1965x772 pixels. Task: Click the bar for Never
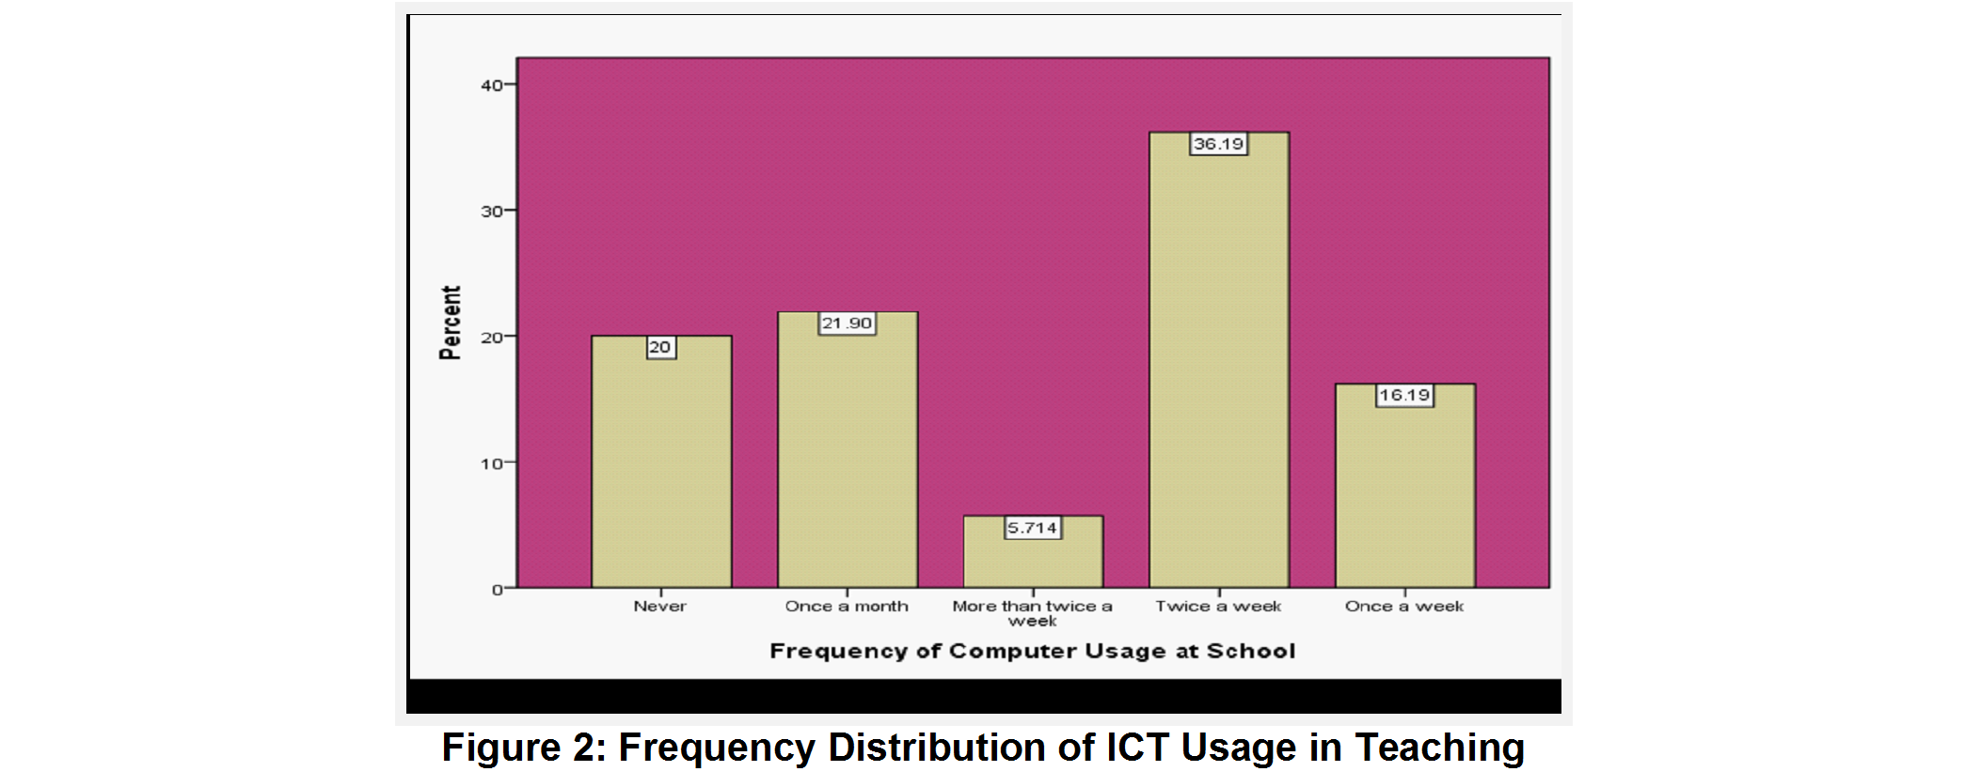[x=661, y=462]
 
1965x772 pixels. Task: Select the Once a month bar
[x=848, y=449]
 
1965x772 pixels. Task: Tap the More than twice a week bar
[x=1033, y=552]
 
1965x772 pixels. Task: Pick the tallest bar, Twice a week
[x=1219, y=360]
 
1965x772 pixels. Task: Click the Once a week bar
[x=1405, y=486]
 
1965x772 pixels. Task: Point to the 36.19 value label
[x=1219, y=144]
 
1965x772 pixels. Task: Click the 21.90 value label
[x=848, y=323]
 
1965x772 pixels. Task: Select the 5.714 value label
[x=1033, y=528]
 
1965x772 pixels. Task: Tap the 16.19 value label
[x=1405, y=395]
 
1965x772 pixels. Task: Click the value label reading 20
[x=660, y=348]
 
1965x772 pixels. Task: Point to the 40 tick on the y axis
[x=492, y=86]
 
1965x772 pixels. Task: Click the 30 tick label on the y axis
[x=492, y=212]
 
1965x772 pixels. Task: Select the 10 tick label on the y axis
[x=492, y=464]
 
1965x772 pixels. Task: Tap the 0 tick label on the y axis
[x=498, y=591]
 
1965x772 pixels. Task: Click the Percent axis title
[x=451, y=323]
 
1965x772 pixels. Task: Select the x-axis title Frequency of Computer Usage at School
[x=1033, y=651]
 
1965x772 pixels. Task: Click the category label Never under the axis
[x=660, y=607]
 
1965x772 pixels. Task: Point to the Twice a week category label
[x=1219, y=607]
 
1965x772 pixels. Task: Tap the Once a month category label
[x=848, y=607]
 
